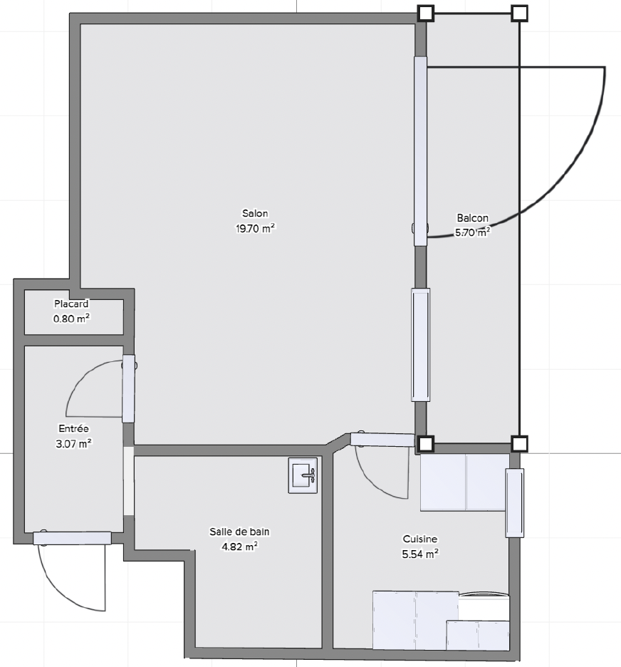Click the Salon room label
click(255, 213)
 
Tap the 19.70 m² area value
click(256, 229)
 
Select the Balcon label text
click(472, 218)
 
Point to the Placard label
click(71, 304)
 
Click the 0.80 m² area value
click(71, 319)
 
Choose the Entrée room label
click(73, 428)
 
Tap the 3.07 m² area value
click(73, 444)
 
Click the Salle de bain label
click(239, 532)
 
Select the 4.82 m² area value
click(239, 546)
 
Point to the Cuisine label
click(420, 539)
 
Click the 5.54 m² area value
click(420, 554)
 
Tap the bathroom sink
click(303, 475)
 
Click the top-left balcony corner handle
click(426, 14)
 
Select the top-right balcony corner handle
click(519, 14)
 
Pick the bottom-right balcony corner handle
click(519, 444)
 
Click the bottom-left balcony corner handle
click(426, 444)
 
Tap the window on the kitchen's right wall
click(515, 503)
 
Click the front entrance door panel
click(72, 538)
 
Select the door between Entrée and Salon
click(128, 389)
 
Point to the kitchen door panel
click(382, 440)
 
